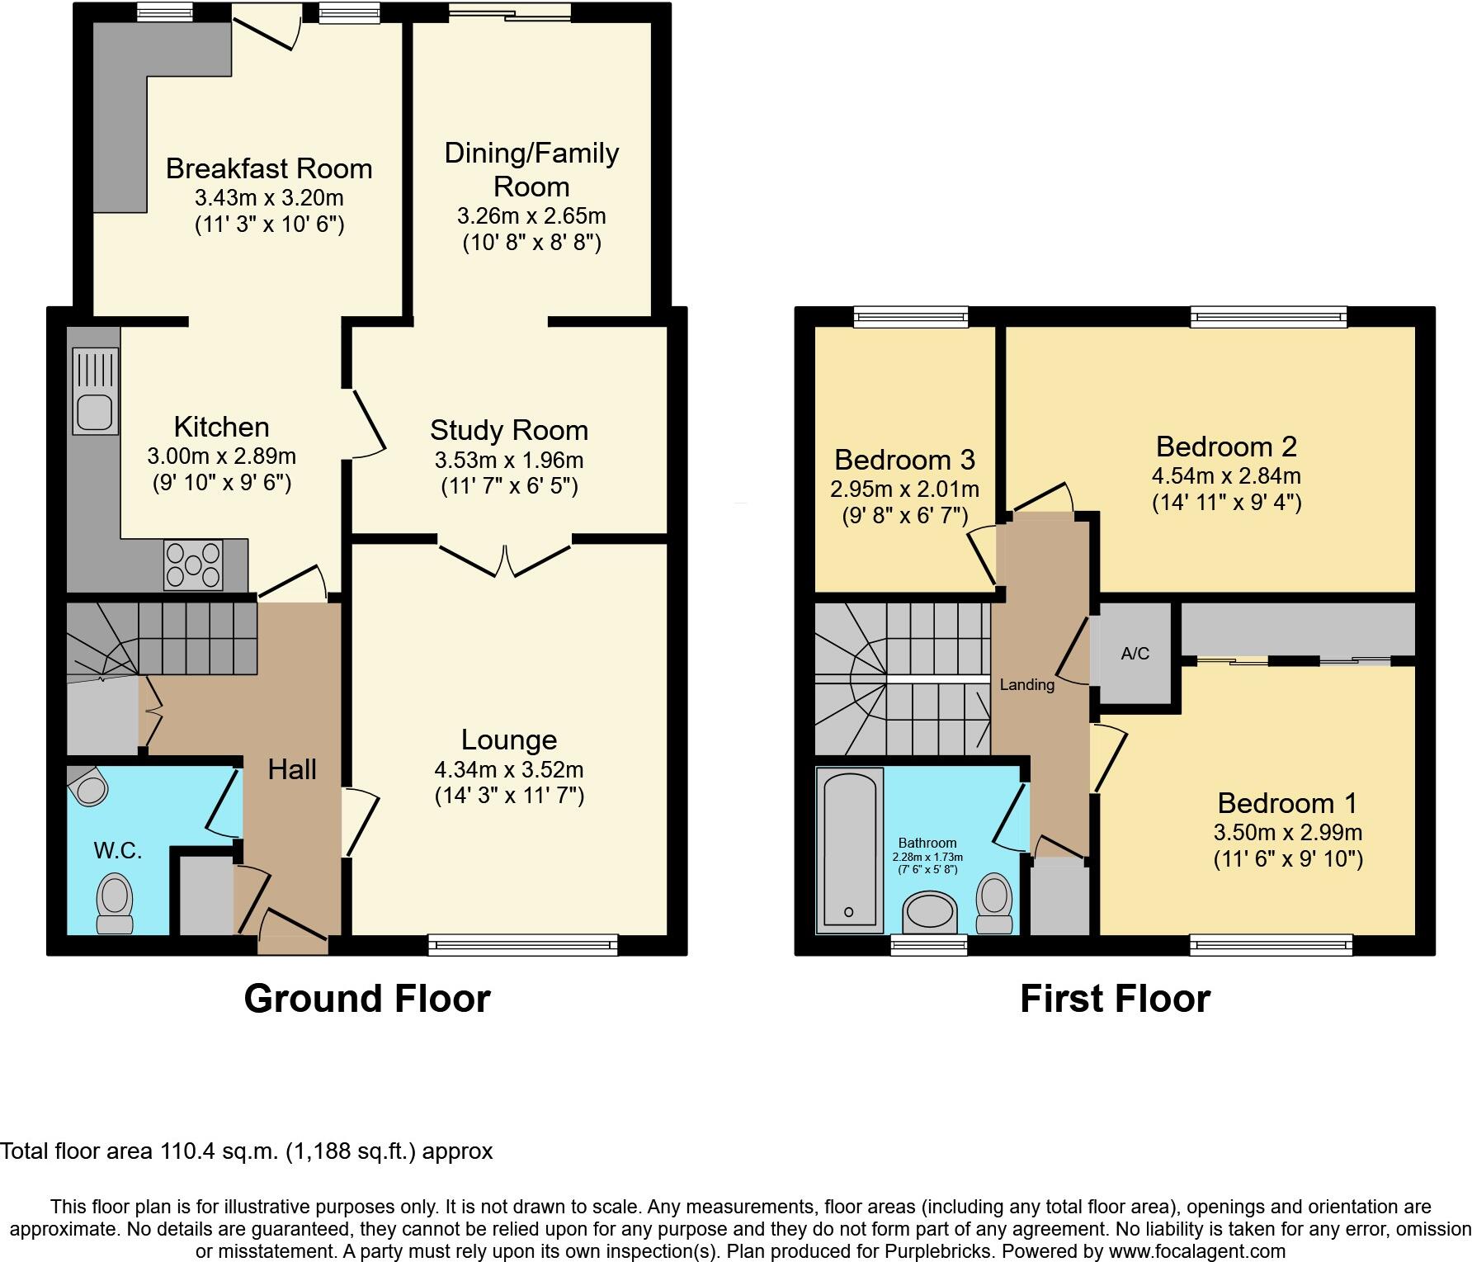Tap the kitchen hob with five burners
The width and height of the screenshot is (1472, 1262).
coord(194,565)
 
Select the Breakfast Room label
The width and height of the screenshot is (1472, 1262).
coord(269,168)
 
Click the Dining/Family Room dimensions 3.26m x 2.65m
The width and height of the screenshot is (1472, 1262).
coord(531,216)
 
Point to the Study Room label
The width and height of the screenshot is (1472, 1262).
coord(509,430)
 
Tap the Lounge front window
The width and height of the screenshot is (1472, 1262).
coord(522,945)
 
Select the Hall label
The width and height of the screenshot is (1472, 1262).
coord(292,769)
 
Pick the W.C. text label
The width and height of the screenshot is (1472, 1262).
coord(118,850)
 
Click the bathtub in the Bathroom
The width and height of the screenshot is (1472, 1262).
coord(849,850)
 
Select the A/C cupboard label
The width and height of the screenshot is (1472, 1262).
coord(1135,654)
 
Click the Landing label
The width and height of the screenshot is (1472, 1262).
coord(1026,684)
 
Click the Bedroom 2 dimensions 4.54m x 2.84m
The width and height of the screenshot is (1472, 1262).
coord(1226,475)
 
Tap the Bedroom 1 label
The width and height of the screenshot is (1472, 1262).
coord(1287,802)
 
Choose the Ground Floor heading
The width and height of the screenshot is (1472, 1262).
coord(367,998)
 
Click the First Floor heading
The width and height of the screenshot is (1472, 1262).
coord(1115,998)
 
